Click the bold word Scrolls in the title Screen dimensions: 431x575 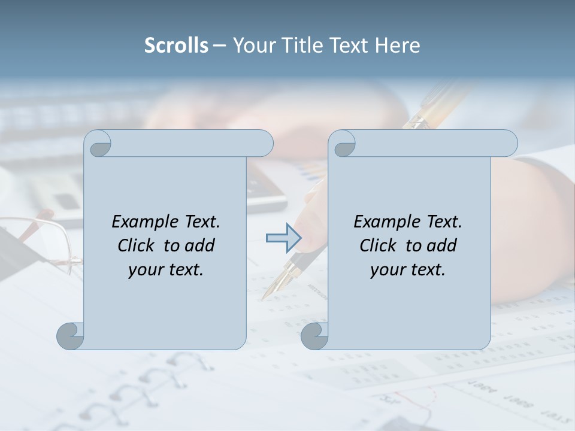pyautogui.click(x=176, y=45)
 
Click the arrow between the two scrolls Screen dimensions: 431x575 pyautogui.click(x=283, y=238)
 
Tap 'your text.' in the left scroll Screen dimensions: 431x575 pyautogui.click(x=166, y=269)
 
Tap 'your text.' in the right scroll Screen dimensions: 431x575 pyautogui.click(x=408, y=269)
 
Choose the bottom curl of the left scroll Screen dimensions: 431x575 pyautogui.click(x=70, y=336)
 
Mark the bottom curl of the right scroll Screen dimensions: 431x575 pyautogui.click(x=314, y=336)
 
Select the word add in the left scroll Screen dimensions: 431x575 pyautogui.click(x=199, y=245)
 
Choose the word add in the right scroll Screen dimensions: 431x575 pyautogui.click(x=441, y=245)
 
